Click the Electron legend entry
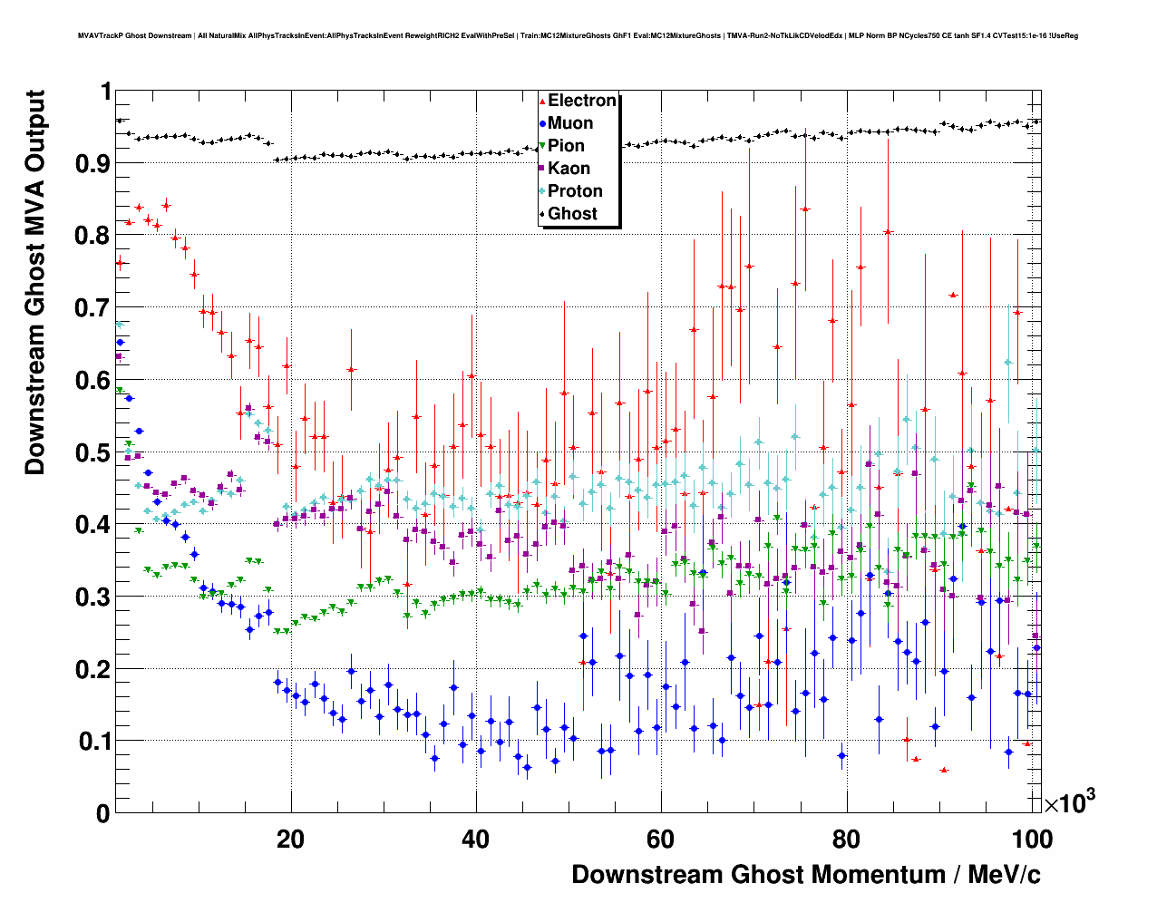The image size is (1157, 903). pyautogui.click(x=581, y=101)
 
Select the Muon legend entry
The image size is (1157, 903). pyautogui.click(x=570, y=123)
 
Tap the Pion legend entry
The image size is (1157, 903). pyautogui.click(x=566, y=146)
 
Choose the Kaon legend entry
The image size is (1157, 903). pyautogui.click(x=569, y=169)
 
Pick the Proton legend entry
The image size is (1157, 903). pyautogui.click(x=575, y=191)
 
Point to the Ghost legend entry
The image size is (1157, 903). pyautogui.click(x=572, y=214)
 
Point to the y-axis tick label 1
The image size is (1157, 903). pyautogui.click(x=104, y=92)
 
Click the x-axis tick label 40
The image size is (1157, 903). pyautogui.click(x=475, y=840)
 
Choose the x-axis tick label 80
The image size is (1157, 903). pyautogui.click(x=846, y=840)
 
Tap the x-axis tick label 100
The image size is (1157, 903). pyautogui.click(x=1031, y=840)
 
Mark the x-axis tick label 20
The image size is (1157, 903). pyautogui.click(x=290, y=840)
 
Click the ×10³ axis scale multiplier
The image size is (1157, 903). pyautogui.click(x=1070, y=801)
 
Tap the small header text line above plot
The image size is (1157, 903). pyautogui.click(x=578, y=36)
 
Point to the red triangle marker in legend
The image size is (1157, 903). pyautogui.click(x=542, y=101)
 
